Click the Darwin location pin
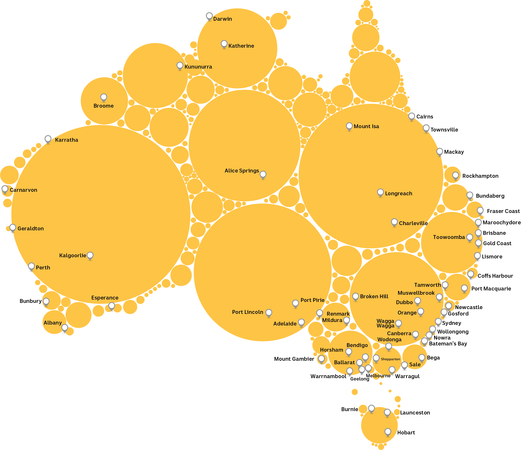coord(209,16)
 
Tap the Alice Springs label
coord(242,171)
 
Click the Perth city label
coord(43,268)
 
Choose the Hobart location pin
coord(388,432)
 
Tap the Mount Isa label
coord(366,126)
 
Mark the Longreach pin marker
coord(380,193)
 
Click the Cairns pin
coord(411,116)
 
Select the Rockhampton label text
coord(480,176)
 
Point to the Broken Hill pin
coord(355,296)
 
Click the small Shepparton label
coord(390,359)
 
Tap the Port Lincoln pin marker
coord(268,313)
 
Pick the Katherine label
coord(241,46)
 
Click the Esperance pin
coord(112,306)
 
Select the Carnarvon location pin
coord(5,189)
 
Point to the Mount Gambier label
coord(294,359)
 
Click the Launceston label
coord(415,413)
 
